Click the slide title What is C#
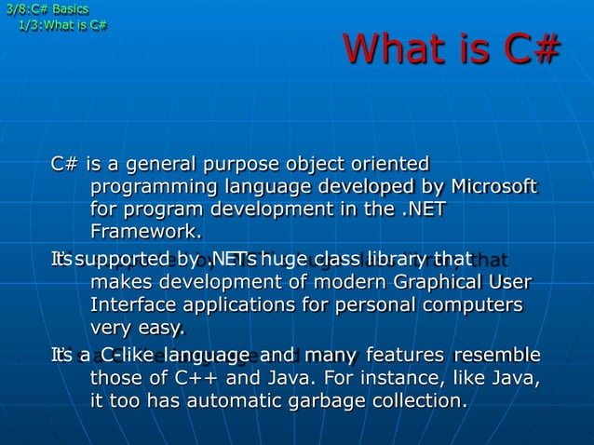pos(452,49)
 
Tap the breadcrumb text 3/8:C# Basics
pos(47,9)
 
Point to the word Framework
pos(145,231)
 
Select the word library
pos(398,258)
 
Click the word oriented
pos(389,165)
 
